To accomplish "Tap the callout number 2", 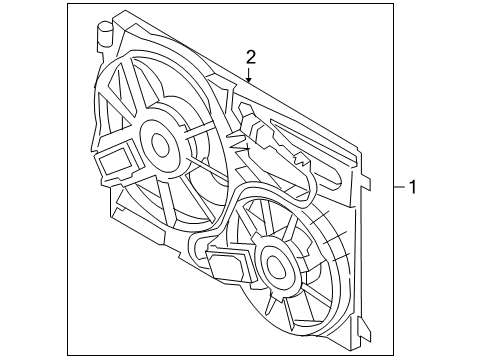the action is pos(252,57).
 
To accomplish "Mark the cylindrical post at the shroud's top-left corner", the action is pos(103,38).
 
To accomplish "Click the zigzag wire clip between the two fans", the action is pos(240,145).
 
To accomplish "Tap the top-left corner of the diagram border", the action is pos(68,6).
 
